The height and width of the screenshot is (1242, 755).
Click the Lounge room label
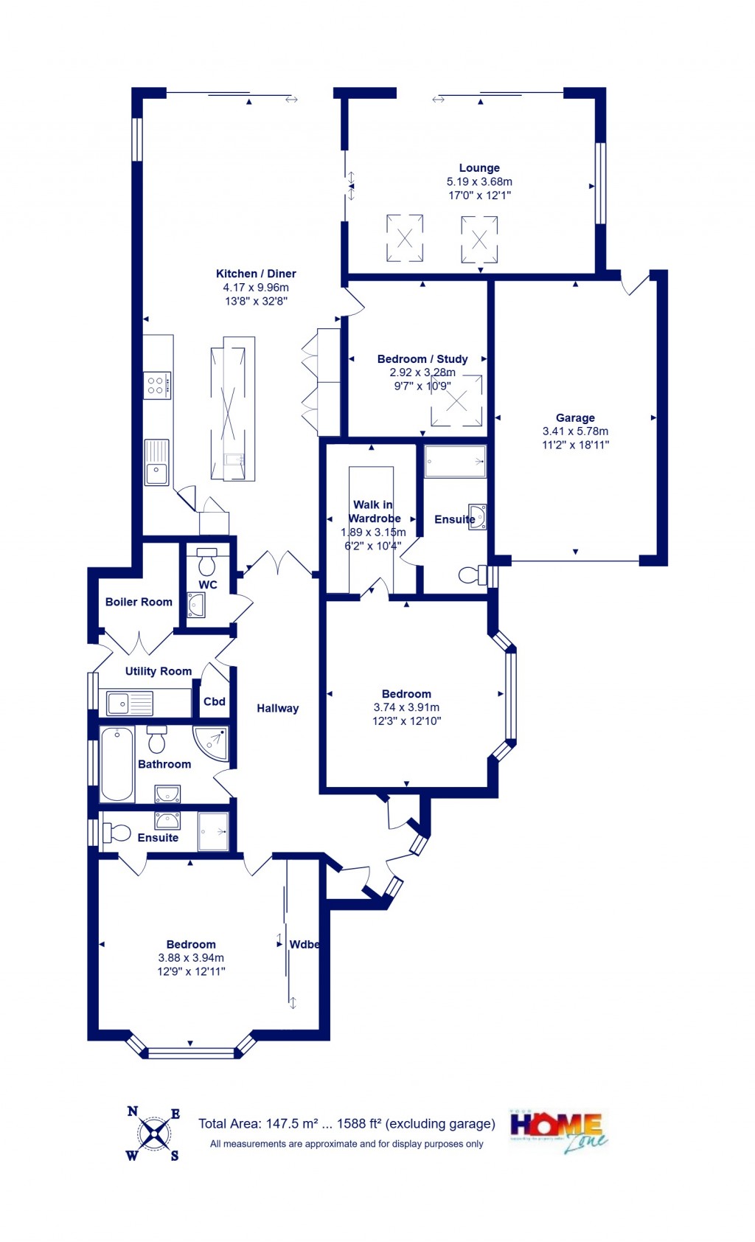tap(479, 167)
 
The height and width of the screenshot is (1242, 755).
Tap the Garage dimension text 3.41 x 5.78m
tap(575, 431)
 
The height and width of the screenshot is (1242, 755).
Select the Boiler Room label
tap(139, 602)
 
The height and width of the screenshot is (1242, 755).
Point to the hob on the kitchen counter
tap(157, 385)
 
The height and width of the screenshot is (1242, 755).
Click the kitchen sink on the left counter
tap(156, 463)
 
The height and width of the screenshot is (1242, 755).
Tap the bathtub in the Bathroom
tap(117, 764)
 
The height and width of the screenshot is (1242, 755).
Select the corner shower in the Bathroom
tap(212, 743)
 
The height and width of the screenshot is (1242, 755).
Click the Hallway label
tap(277, 708)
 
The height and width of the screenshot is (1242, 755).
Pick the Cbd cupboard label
tap(215, 701)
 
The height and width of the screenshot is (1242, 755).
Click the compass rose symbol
tap(154, 1134)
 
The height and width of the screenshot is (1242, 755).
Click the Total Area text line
tap(347, 1124)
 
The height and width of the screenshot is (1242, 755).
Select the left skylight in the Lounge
tap(405, 238)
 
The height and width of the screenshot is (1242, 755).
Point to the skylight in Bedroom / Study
tap(456, 401)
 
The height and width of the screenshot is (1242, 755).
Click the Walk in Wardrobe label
tap(375, 511)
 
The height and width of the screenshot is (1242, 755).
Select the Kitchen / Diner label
tap(256, 274)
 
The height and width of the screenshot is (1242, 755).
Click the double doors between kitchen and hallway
tap(279, 563)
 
